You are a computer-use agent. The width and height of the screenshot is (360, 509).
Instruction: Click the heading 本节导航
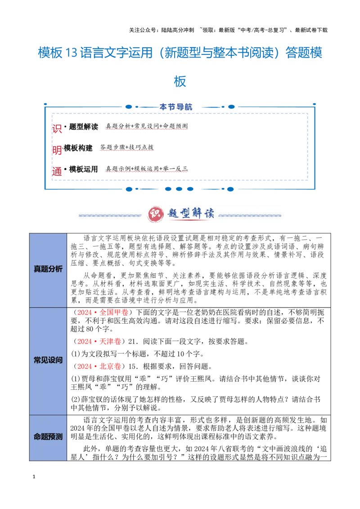[x=176, y=107]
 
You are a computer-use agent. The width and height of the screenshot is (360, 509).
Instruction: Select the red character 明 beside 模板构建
[x=57, y=150]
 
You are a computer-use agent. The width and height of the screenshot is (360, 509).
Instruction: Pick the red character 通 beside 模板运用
[x=57, y=171]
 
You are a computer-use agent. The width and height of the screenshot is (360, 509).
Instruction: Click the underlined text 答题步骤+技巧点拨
[x=127, y=147]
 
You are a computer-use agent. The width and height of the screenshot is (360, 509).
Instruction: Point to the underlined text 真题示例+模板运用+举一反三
[x=147, y=169]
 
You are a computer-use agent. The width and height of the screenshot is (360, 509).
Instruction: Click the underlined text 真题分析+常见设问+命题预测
[x=147, y=126]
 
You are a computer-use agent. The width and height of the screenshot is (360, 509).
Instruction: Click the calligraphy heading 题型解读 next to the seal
[x=191, y=214]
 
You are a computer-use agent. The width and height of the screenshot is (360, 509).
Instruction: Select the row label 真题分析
[x=48, y=269]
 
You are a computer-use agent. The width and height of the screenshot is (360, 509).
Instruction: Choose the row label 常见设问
[x=48, y=360]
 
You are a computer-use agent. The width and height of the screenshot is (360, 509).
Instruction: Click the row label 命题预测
[x=48, y=437]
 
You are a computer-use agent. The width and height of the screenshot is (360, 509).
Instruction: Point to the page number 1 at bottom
[x=34, y=477]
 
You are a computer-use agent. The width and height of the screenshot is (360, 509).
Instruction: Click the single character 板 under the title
[x=180, y=81]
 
